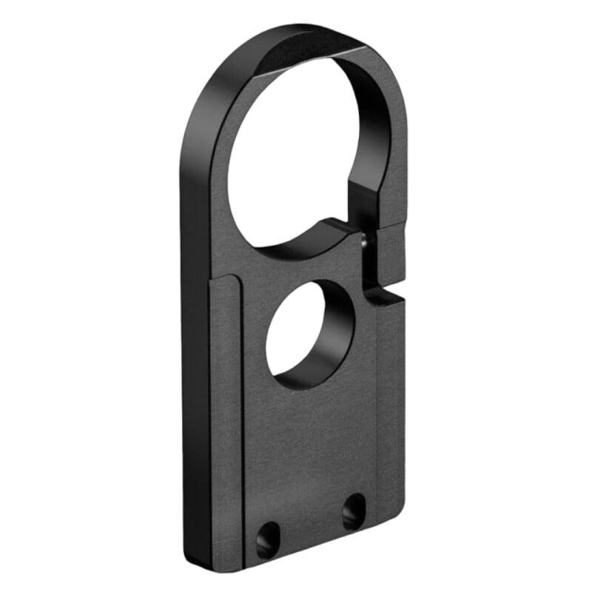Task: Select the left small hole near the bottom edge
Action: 267,538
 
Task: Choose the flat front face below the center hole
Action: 318,444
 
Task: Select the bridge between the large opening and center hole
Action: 296,263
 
